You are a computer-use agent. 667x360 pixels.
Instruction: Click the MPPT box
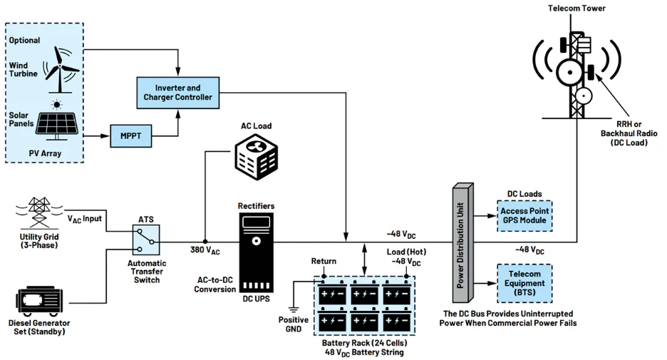(x=130, y=135)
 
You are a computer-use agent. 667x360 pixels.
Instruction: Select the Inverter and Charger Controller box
(x=178, y=93)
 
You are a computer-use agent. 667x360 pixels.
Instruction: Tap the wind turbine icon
(x=61, y=69)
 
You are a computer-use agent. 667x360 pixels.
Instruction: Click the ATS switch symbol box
(x=146, y=240)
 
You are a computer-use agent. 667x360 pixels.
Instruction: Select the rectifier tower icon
(x=256, y=252)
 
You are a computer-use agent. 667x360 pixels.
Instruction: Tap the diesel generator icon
(x=40, y=302)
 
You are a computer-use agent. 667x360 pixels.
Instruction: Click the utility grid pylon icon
(x=39, y=212)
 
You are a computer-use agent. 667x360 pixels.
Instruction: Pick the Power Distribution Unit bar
(x=462, y=243)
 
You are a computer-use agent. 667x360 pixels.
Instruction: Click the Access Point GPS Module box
(x=524, y=216)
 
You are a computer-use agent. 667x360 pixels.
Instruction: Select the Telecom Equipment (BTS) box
(x=524, y=284)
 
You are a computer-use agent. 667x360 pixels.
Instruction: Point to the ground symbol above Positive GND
(x=294, y=309)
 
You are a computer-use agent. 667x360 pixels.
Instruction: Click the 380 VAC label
(x=205, y=250)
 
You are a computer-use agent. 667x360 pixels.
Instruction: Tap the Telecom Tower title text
(x=576, y=8)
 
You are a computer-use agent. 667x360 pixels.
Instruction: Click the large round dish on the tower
(x=570, y=72)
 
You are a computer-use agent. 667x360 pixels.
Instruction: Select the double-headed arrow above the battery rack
(x=364, y=259)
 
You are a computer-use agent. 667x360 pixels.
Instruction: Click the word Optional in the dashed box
(x=25, y=41)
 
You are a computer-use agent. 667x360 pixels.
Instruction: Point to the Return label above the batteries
(x=324, y=261)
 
